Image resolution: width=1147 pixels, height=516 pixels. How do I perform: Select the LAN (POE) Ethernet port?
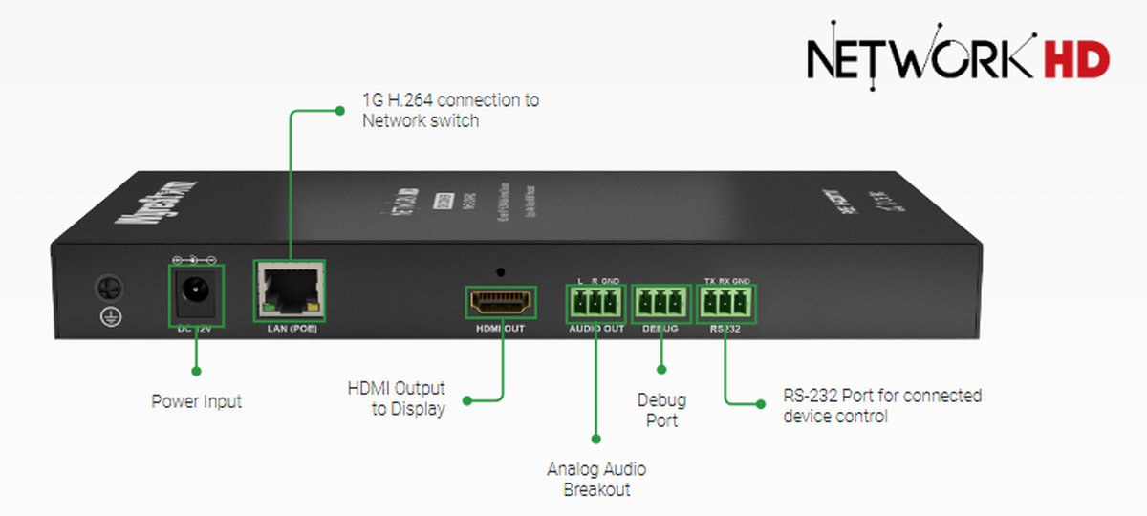[288, 290]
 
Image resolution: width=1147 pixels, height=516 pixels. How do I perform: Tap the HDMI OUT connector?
[499, 302]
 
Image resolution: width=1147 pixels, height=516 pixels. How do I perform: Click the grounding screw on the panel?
[106, 287]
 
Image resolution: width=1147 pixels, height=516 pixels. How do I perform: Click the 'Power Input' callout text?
[196, 401]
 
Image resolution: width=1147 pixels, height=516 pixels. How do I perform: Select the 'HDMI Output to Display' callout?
[396, 398]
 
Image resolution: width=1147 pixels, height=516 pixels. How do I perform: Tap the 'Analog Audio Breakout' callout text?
[595, 479]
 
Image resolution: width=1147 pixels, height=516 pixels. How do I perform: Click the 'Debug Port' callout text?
[661, 410]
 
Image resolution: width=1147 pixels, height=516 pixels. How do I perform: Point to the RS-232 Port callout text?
[881, 405]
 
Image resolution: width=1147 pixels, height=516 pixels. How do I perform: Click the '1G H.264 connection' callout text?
[449, 110]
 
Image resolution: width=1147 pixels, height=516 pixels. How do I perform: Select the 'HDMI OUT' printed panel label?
[499, 329]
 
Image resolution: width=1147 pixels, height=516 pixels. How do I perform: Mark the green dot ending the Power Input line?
[196, 369]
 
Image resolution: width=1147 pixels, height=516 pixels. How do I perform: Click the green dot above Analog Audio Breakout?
[595, 439]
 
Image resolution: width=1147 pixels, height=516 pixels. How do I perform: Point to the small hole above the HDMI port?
[499, 271]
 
